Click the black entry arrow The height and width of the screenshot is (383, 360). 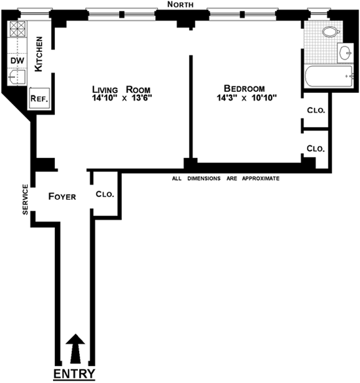pos(75,348)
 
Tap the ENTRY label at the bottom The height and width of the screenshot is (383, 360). pos(74,374)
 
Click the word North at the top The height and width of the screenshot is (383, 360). pos(180,4)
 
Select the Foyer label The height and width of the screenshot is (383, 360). pos(62,196)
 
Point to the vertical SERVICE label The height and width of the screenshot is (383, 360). pos(25,200)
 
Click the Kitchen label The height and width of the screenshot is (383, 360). pos(39,54)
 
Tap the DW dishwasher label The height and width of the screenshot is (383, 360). pos(17,61)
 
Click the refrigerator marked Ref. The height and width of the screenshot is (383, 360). pos(39,98)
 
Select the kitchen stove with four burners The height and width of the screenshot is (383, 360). pos(18,29)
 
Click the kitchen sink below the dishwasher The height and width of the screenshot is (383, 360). pos(17,77)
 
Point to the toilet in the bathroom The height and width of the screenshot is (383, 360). pos(331,31)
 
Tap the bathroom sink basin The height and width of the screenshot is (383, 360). pos(346,52)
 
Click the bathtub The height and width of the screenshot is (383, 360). pos(329,76)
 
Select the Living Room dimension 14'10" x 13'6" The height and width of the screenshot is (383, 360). pos(122,98)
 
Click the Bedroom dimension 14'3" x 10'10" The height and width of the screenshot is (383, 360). pos(247,98)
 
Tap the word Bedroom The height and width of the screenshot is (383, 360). pos(244,88)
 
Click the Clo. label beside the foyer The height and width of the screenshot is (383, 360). pos(105,194)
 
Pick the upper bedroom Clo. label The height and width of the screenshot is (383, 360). pos(316,110)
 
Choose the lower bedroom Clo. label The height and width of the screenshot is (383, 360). pos(315,148)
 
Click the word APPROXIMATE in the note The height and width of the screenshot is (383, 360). pos(261,178)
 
